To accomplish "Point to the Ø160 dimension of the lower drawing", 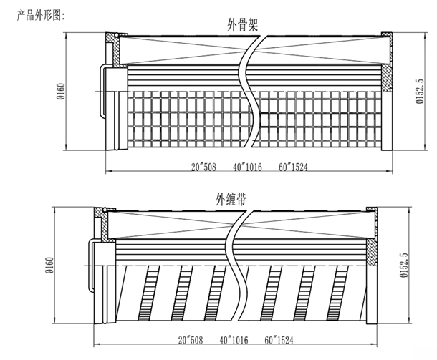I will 50,265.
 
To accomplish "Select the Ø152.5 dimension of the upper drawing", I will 419,92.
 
